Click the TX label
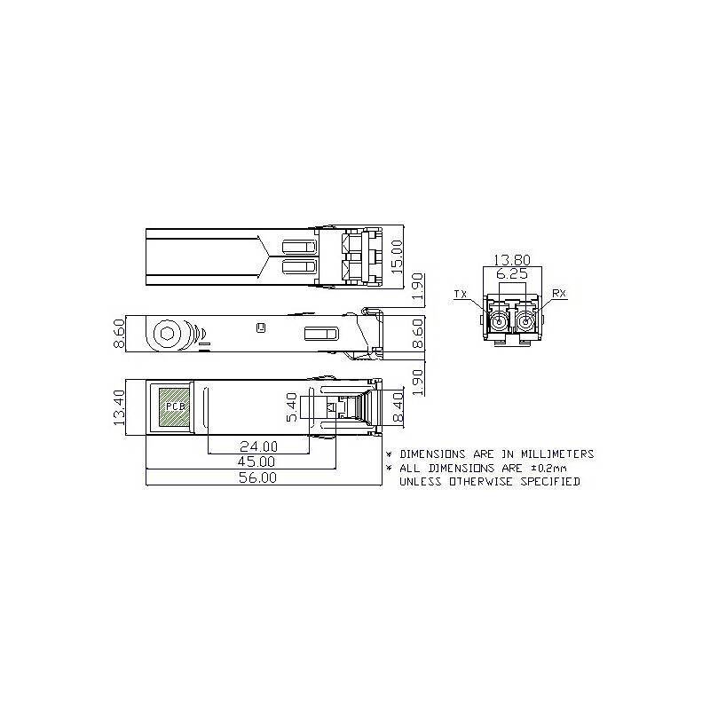(460, 294)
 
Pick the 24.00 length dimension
(256, 446)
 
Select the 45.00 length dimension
(256, 461)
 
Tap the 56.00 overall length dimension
(256, 477)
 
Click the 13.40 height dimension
(119, 406)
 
